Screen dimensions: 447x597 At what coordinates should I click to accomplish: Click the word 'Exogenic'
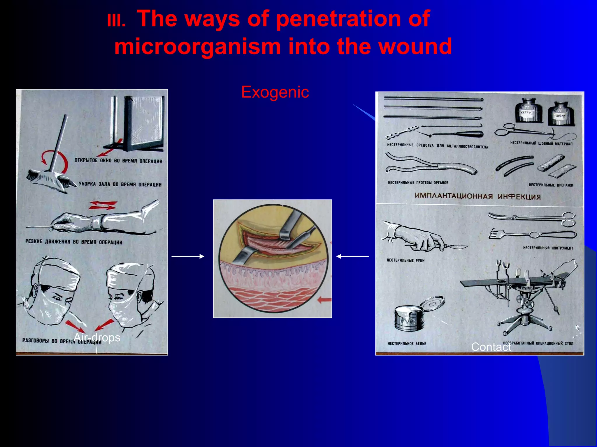[x=275, y=92]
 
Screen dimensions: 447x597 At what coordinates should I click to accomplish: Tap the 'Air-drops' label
[x=97, y=338]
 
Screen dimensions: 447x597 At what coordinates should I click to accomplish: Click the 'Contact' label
[x=491, y=347]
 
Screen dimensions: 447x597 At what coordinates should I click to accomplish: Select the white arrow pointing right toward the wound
[x=188, y=256]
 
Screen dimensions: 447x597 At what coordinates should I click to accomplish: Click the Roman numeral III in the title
[x=116, y=21]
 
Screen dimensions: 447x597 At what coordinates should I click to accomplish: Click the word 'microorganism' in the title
[x=197, y=47]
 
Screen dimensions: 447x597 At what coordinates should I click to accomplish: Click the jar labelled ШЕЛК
[x=560, y=114]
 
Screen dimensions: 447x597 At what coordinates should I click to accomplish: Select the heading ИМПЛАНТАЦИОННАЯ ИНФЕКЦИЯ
[x=477, y=196]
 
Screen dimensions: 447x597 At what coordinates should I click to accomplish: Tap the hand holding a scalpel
[x=420, y=237]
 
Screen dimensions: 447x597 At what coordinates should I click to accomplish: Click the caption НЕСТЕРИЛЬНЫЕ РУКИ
[x=405, y=260]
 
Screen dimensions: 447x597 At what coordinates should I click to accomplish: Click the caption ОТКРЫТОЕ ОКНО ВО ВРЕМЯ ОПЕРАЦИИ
[x=118, y=161]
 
